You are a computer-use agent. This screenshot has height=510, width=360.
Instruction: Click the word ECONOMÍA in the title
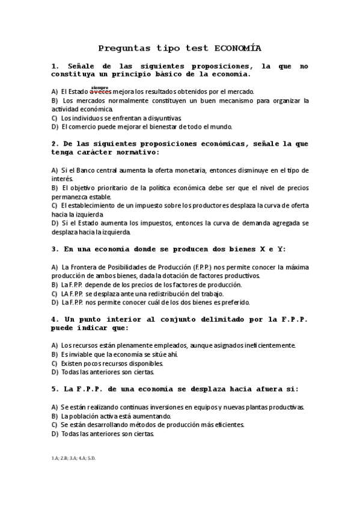point(237,49)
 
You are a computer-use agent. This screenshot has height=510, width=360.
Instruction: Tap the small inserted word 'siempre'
point(99,87)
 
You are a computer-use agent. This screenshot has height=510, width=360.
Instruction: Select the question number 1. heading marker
point(55,66)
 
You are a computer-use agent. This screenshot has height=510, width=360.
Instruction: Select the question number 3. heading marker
point(55,248)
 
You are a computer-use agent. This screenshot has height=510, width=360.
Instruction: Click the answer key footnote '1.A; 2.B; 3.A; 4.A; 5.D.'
point(73,458)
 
